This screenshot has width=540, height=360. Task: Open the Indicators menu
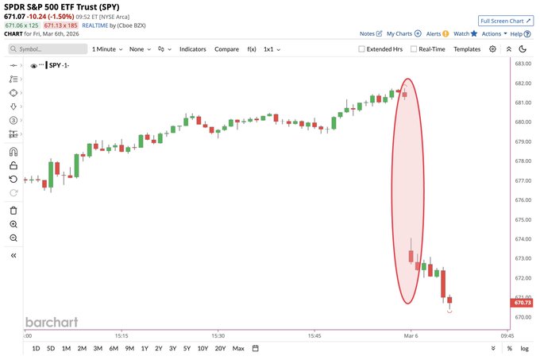(x=192, y=49)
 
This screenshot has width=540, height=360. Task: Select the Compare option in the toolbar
(x=226, y=49)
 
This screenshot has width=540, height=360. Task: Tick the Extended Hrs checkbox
(x=362, y=49)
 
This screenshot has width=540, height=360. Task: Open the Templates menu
(x=467, y=49)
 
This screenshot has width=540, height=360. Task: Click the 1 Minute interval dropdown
(x=108, y=49)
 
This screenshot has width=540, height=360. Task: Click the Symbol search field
(x=48, y=49)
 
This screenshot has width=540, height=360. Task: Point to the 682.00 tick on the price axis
(x=523, y=83)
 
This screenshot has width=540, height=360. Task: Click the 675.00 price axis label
(x=523, y=219)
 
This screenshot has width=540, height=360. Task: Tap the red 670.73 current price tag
(x=523, y=303)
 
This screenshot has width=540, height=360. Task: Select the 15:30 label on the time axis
(x=218, y=335)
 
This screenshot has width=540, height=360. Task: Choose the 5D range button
(x=51, y=348)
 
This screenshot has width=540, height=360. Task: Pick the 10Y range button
(x=202, y=348)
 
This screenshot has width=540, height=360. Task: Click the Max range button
(x=238, y=348)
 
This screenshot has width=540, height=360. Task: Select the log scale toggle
(x=524, y=348)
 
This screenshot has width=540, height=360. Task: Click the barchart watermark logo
(x=52, y=322)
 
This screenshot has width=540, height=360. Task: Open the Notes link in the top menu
(x=367, y=34)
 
